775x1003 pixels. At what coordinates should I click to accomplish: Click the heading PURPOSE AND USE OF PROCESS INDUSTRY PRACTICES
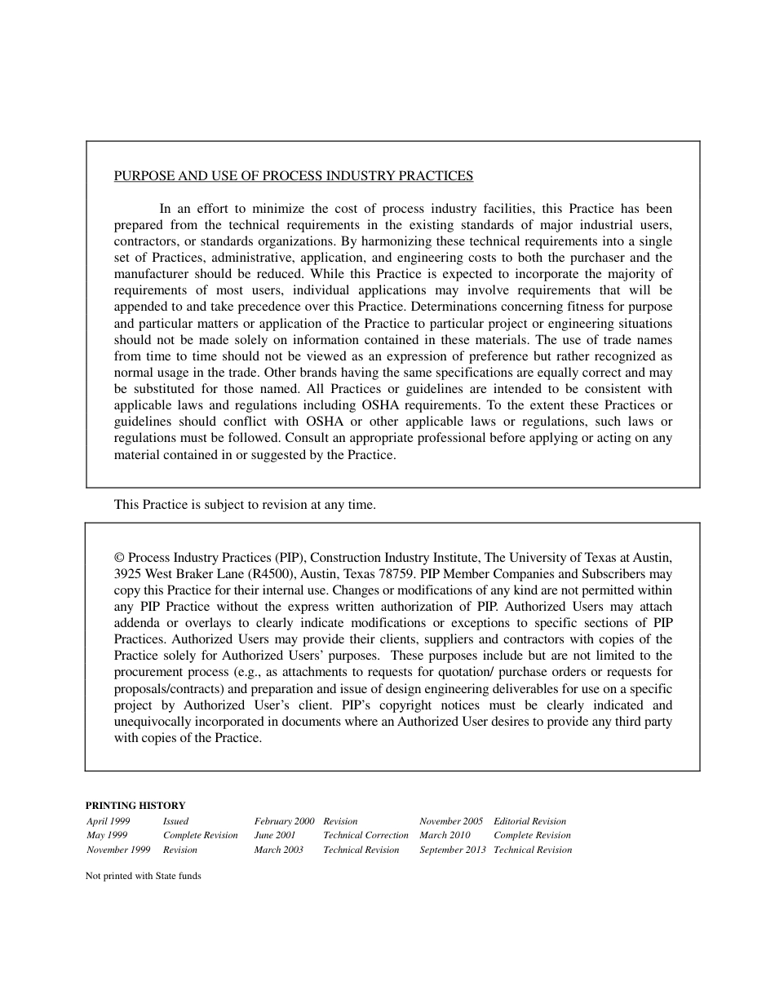293,175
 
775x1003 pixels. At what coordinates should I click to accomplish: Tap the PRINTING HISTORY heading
135,805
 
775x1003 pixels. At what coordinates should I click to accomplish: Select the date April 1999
108,821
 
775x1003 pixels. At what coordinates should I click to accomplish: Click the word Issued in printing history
175,821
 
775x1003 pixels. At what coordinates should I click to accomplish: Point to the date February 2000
284,821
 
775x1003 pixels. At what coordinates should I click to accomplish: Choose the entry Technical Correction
365,835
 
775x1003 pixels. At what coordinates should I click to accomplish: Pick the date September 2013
453,850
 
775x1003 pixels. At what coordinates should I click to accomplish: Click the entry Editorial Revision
529,821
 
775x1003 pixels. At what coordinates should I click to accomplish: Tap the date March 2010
445,835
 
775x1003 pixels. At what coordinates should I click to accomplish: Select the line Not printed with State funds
143,877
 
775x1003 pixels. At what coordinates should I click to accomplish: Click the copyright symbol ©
119,558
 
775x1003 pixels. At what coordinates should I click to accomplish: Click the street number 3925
128,574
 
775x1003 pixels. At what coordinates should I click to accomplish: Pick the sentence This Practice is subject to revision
245,505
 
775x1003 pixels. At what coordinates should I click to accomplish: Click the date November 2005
451,821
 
